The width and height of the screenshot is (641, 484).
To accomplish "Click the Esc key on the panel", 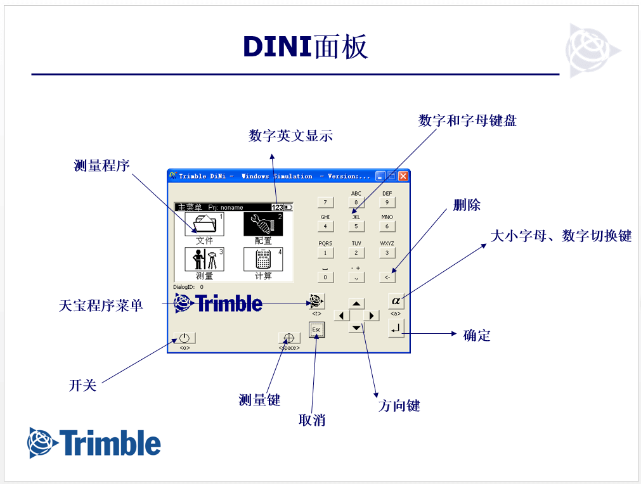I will click(x=316, y=329).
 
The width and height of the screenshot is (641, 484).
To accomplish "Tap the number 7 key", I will click(x=325, y=203).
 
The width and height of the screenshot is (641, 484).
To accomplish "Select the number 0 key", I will click(x=325, y=277).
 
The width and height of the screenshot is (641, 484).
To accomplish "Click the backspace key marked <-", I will click(x=387, y=277).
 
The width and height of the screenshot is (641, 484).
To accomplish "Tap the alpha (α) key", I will click(x=396, y=300).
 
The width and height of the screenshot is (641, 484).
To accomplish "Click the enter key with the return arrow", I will click(x=396, y=328).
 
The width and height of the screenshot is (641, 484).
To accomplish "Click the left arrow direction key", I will click(x=342, y=315).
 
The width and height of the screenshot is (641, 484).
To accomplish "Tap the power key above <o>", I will click(x=185, y=338).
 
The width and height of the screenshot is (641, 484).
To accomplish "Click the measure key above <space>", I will click(x=288, y=338).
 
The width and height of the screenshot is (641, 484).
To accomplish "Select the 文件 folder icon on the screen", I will click(x=204, y=224).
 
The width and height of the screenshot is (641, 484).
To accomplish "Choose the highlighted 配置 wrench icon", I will click(x=263, y=224).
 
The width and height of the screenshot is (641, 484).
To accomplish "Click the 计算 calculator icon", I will click(x=263, y=259).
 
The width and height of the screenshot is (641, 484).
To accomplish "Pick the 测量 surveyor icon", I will click(x=204, y=259).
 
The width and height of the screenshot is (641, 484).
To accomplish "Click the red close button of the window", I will click(x=403, y=176).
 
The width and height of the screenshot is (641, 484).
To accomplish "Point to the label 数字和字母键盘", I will click(x=467, y=120).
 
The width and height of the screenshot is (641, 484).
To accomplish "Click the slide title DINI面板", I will click(x=306, y=48).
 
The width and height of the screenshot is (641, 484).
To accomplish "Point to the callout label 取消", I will click(x=312, y=419).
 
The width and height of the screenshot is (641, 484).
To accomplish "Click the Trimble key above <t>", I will click(x=316, y=300).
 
